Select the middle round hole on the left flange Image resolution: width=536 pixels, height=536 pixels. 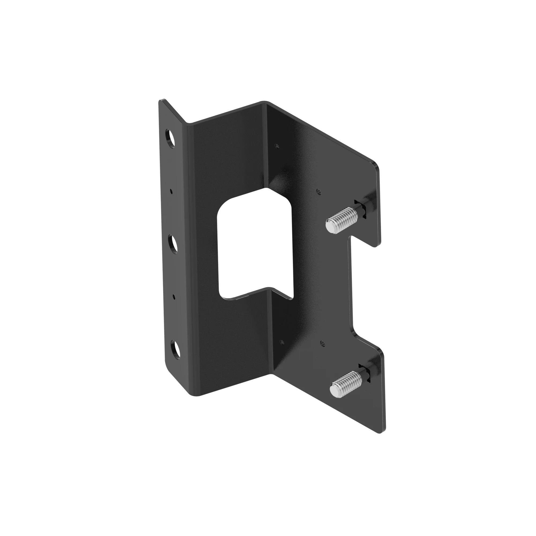(x=173, y=244)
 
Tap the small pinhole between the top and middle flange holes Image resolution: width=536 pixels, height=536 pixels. (x=172, y=191)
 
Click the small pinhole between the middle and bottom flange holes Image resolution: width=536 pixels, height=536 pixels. (x=174, y=297)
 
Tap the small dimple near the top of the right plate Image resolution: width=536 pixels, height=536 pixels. (x=277, y=145)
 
